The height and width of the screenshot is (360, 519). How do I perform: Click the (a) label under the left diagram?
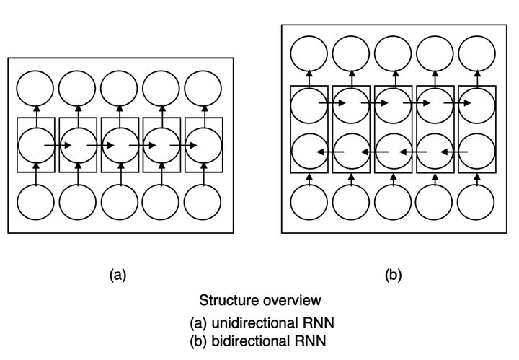(117, 275)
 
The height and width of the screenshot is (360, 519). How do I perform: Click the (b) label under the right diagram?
(394, 275)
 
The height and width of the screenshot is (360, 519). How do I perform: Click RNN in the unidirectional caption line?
(318, 322)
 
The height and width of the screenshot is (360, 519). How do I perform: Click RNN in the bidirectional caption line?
(310, 341)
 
